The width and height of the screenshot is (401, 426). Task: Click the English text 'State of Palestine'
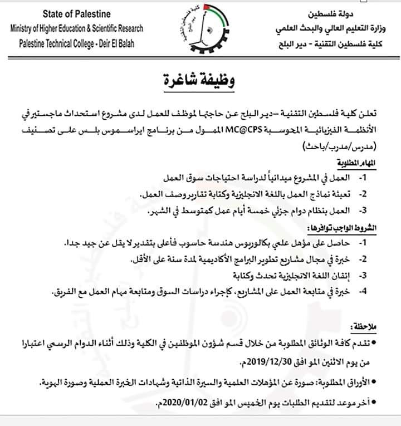(x=76, y=13)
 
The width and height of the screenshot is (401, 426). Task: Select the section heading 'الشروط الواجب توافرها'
(x=345, y=229)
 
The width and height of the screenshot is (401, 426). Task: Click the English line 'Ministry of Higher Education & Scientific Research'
(x=76, y=28)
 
